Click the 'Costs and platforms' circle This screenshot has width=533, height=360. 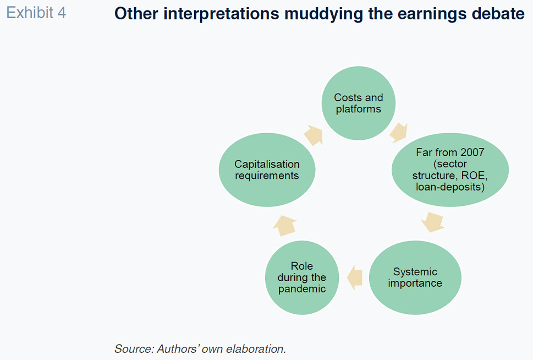[358, 103]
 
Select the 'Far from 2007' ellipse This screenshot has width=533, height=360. [450, 170]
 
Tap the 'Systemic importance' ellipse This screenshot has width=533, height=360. [415, 277]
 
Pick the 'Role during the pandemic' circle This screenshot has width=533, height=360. [302, 277]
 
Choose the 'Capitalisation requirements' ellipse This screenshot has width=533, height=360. [267, 170]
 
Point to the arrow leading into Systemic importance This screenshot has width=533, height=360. [433, 222]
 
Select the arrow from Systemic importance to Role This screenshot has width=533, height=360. [354, 277]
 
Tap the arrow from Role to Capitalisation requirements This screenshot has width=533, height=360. [285, 226]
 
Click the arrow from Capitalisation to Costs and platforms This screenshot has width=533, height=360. [313, 135]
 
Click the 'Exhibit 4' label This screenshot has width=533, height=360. [36, 13]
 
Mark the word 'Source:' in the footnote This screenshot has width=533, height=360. [134, 349]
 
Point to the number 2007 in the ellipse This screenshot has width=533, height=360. [472, 152]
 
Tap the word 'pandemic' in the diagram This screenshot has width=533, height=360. [302, 289]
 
